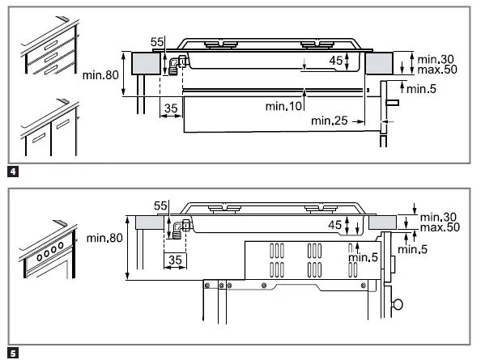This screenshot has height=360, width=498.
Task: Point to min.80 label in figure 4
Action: coord(102,75)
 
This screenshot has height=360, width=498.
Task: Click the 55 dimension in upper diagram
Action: coord(157,40)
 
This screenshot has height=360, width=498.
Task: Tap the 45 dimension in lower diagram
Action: coord(336,223)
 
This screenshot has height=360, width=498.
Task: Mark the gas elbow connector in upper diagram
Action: coord(177,65)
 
